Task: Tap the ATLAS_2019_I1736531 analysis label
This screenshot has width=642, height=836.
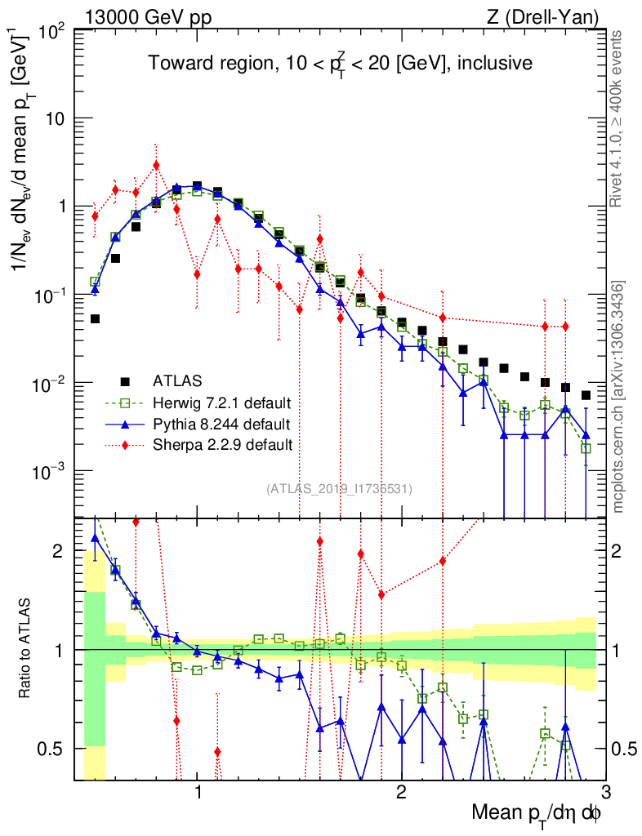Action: click(x=339, y=489)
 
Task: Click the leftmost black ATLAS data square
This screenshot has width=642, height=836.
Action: click(x=95, y=319)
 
